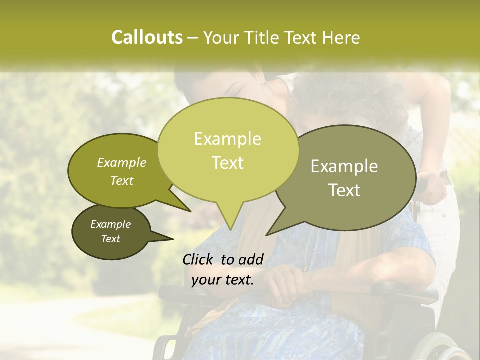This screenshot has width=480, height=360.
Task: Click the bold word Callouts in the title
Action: [x=147, y=37]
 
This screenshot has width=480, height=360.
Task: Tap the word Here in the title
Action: [x=341, y=37]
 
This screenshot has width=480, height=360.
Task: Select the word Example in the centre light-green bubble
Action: [x=227, y=139]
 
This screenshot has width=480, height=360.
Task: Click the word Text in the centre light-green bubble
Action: [x=227, y=162]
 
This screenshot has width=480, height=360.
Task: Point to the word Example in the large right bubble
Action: [x=344, y=166]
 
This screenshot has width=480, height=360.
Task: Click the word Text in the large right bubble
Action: [x=344, y=190]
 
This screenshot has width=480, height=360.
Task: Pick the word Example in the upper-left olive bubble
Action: [x=122, y=162]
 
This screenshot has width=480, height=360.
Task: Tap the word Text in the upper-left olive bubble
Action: [x=122, y=180]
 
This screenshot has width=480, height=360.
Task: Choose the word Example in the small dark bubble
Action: [x=111, y=224]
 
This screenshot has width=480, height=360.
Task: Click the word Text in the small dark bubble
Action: [x=111, y=239]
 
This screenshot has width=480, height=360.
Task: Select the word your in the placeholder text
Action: [x=206, y=280]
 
